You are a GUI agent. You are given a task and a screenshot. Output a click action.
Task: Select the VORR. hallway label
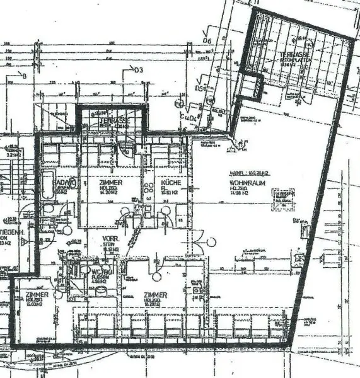[x=111, y=239]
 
